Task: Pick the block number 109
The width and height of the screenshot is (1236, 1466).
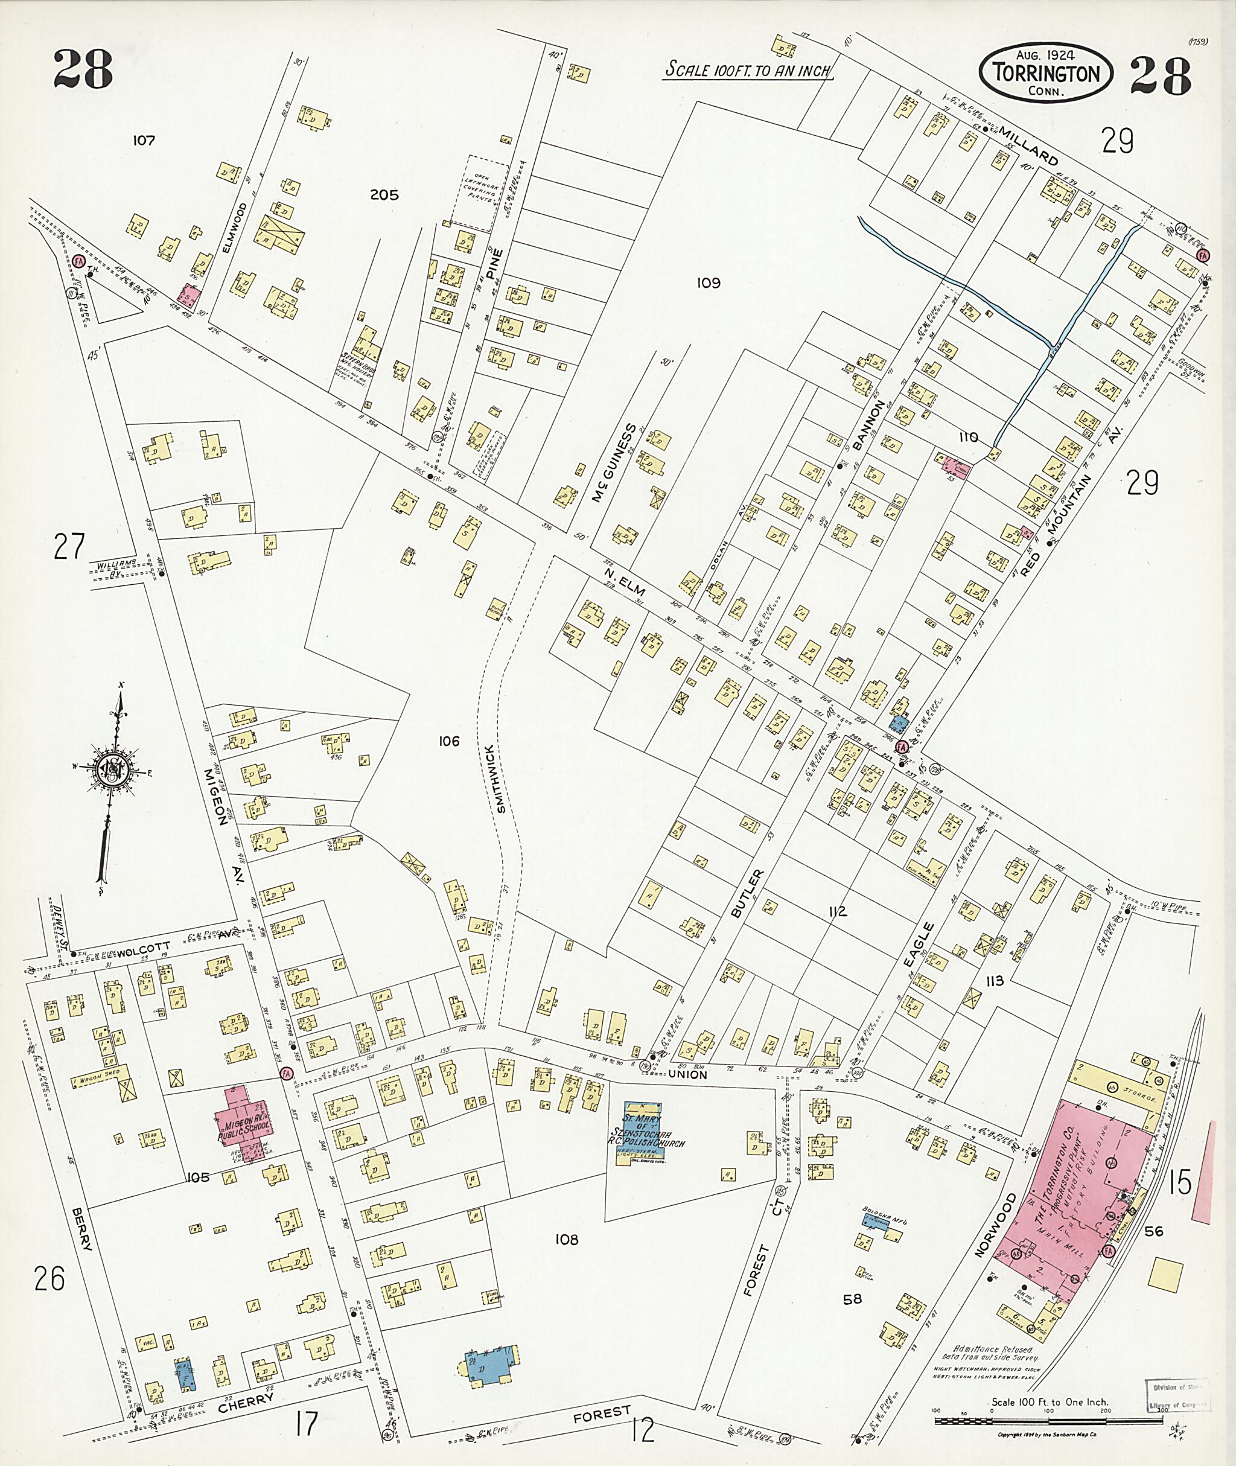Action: (708, 283)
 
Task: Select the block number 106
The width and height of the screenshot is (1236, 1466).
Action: (448, 741)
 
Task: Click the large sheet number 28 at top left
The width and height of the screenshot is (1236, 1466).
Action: (83, 79)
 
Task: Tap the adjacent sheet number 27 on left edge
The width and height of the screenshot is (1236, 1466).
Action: (69, 547)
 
